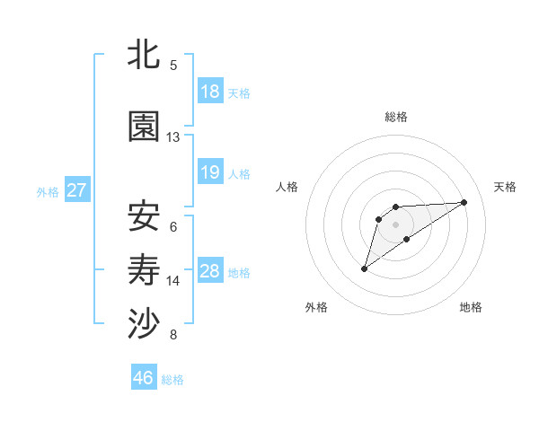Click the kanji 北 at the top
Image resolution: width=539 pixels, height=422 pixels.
145,55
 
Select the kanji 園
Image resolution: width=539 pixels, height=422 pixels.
145,128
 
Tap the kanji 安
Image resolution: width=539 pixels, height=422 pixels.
145,216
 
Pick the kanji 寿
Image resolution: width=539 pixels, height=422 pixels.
145,270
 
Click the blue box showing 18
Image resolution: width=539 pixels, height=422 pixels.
210,92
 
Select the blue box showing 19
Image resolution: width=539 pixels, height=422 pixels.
210,172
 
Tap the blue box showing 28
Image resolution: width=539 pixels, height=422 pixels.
210,271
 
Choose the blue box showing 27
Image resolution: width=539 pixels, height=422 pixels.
76,190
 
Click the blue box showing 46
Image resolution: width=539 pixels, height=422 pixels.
144,378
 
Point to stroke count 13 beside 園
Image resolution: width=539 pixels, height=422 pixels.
173,137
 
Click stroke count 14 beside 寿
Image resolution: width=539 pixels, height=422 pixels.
173,281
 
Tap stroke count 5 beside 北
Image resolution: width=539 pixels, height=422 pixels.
173,65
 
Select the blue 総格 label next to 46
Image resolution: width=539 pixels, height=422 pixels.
172,380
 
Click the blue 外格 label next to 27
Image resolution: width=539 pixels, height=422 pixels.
48,191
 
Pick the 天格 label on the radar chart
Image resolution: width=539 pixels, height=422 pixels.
505,187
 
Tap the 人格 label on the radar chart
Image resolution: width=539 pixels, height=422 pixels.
287,187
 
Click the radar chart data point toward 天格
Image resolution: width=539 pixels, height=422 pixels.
464,201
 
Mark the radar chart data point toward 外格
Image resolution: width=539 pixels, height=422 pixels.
364,268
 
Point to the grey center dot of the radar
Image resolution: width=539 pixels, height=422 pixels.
395,224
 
